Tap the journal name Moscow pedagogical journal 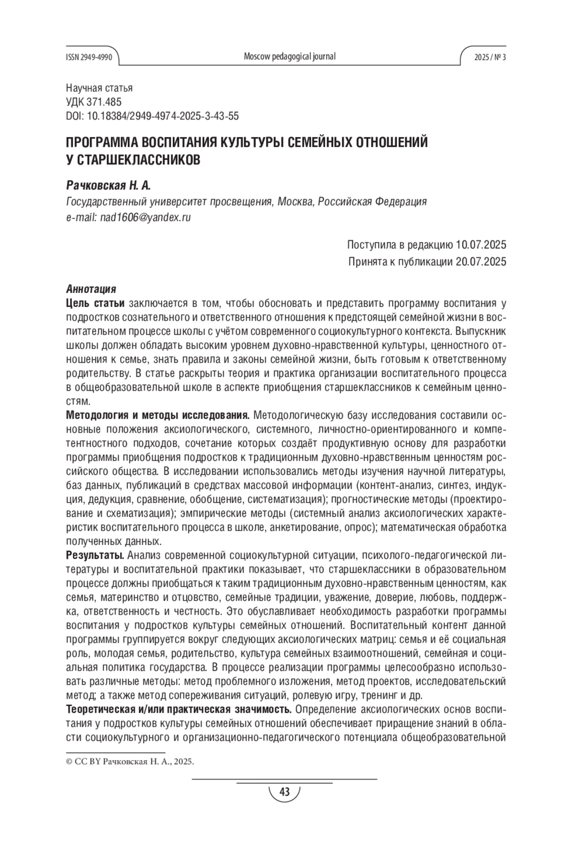click(x=289, y=56)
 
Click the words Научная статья click(x=99, y=88)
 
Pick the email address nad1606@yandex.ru click(x=145, y=217)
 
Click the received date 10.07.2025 click(x=481, y=245)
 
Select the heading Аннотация click(x=91, y=289)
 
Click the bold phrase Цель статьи click(x=95, y=303)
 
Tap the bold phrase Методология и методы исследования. click(x=157, y=415)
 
